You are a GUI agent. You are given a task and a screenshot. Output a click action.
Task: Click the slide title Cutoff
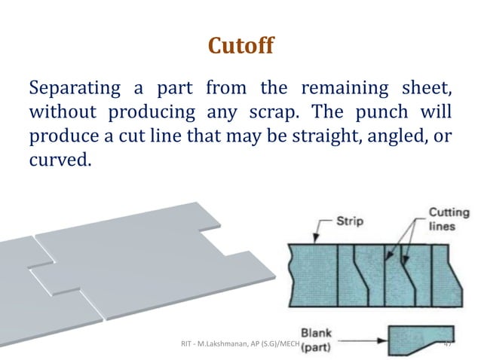240,47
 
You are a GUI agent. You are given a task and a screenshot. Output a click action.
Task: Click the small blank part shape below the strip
419,337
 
